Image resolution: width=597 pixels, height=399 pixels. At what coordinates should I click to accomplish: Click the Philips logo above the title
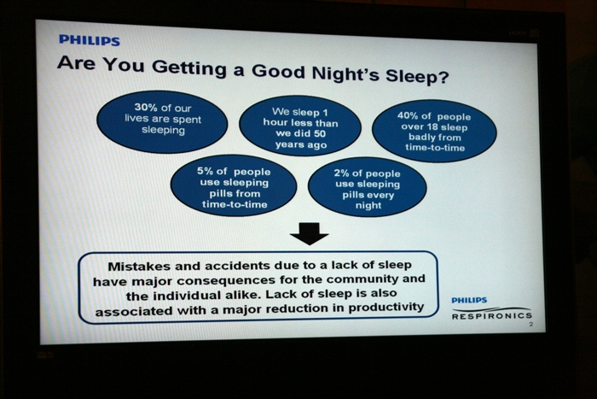coord(90,40)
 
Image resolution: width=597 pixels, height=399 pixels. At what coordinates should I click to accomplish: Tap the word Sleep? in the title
coord(417,76)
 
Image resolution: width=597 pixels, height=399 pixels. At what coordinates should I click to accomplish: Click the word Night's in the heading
coord(345,73)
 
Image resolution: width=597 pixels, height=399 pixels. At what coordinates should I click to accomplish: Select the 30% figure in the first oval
coord(147,108)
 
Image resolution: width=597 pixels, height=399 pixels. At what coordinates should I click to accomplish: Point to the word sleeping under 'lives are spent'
coord(164,131)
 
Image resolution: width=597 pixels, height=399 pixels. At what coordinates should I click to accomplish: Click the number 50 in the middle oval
coord(320,134)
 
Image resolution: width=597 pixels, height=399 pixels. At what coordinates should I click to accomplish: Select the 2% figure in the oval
coord(341,173)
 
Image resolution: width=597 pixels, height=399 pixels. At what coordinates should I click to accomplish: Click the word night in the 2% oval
coord(368,206)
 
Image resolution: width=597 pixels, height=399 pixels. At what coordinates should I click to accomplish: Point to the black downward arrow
coord(309,233)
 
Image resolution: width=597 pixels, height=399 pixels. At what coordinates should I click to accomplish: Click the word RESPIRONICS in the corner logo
coord(492,316)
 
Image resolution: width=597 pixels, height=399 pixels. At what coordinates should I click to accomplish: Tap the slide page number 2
coord(530,325)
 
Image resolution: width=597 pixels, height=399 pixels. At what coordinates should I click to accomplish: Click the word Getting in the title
coord(188,67)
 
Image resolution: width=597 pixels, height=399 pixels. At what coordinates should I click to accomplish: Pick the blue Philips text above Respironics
coord(469,301)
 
